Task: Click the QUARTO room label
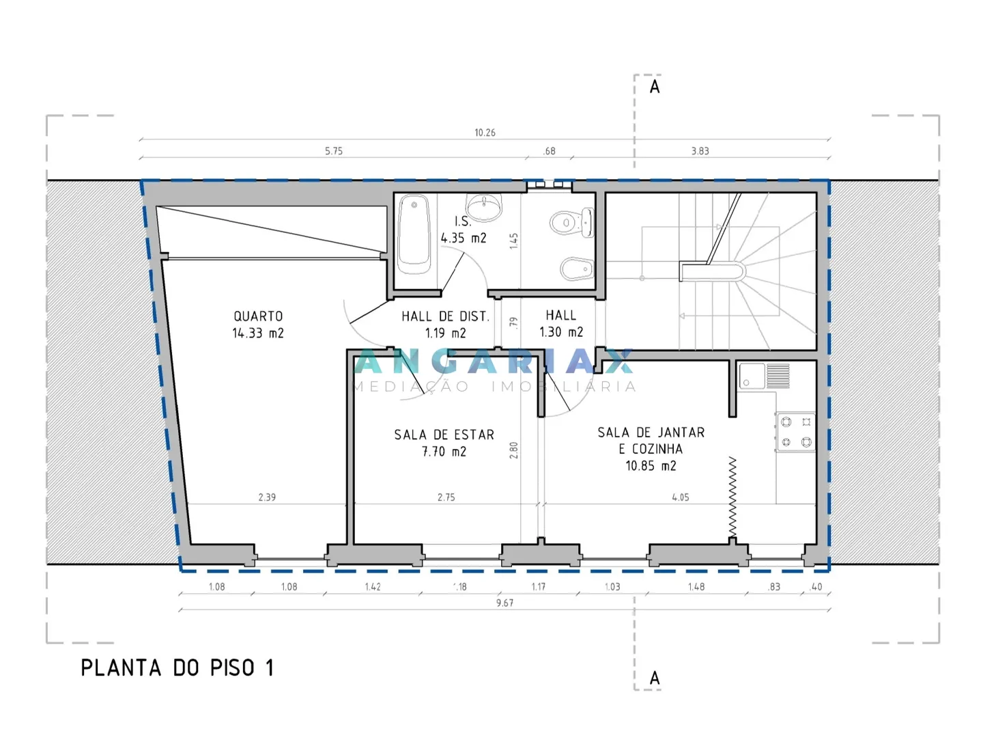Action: point(258,316)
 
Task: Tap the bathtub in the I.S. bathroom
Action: point(414,234)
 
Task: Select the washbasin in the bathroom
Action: point(484,208)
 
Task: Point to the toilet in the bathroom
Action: point(572,222)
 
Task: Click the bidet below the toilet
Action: point(577,269)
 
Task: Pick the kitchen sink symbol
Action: point(764,376)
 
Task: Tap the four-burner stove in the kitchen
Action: point(796,432)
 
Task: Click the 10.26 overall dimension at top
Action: point(485,133)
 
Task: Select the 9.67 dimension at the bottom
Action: point(504,603)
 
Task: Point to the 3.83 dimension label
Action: point(700,151)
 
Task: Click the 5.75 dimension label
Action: point(334,151)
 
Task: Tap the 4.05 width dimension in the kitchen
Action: point(681,497)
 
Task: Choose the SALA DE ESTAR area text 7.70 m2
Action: point(444,452)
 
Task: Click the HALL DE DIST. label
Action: point(446,317)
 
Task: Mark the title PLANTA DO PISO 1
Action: point(177,668)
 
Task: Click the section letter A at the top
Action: point(655,87)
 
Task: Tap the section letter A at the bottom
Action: point(655,679)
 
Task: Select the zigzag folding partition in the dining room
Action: point(732,497)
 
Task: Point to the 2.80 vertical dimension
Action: point(513,450)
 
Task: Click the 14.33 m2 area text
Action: point(258,333)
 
